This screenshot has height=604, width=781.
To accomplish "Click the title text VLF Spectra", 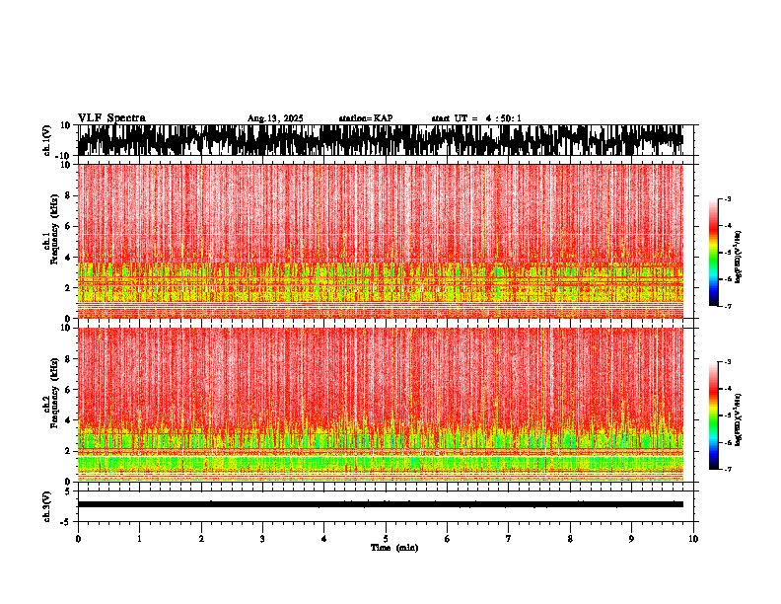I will pos(111,117).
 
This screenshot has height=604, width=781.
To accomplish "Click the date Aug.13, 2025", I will pos(275,118).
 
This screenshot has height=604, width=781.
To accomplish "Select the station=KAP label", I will pos(365,118).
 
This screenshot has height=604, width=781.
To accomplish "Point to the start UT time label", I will pos(476,118).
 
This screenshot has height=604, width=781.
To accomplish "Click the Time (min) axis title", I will pos(393,547).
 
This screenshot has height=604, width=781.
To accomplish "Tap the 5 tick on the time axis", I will pos(386,539).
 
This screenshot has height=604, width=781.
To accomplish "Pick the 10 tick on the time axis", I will pos(693,539).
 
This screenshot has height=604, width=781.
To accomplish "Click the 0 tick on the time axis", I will pos(78,539).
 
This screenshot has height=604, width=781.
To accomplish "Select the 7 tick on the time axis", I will pos(509,539).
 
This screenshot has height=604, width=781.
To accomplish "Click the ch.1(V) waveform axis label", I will pos(46,141).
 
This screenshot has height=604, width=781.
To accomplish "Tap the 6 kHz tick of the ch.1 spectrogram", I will pos(70,227).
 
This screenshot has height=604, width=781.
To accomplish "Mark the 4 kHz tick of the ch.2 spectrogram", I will pos(70,420).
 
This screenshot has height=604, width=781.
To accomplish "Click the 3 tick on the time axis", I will pos(262,539).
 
